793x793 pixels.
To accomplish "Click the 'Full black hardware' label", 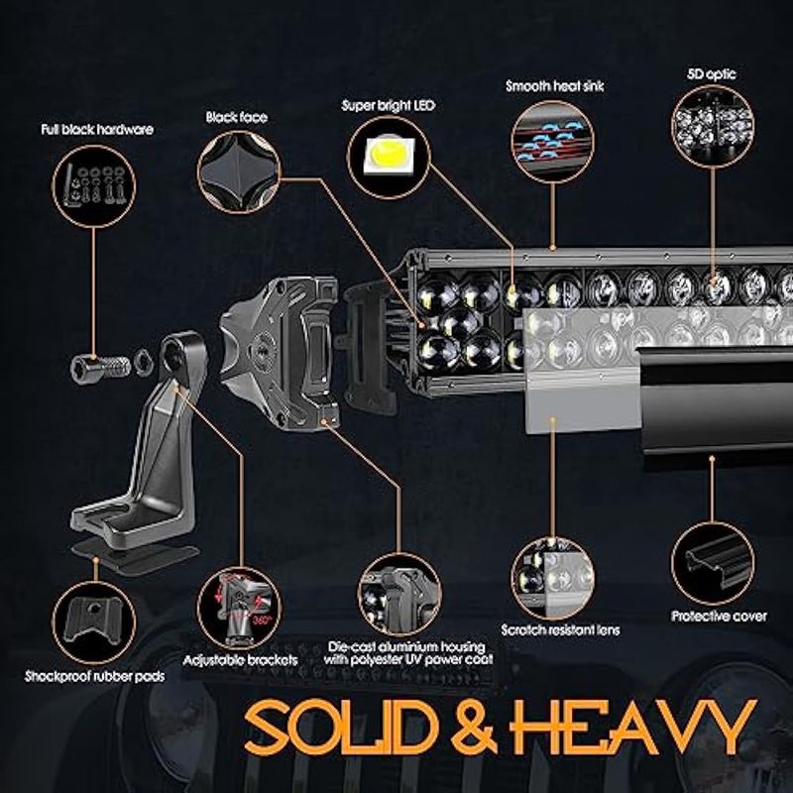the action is [x=97, y=130].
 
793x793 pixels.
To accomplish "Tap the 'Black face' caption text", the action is [x=236, y=117].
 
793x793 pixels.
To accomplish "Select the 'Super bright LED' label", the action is [x=388, y=106].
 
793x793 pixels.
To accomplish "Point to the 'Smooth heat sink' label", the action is [x=555, y=86].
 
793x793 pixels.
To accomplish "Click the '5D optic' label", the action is [x=711, y=74].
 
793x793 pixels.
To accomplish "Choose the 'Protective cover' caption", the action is [x=719, y=616].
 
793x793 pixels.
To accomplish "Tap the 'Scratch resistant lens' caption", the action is [x=560, y=630].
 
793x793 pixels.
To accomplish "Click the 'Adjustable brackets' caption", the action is [x=240, y=660].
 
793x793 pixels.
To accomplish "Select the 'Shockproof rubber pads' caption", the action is [x=94, y=676].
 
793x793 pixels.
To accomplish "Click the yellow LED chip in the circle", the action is [x=388, y=154].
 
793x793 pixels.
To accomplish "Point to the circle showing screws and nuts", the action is [x=94, y=186].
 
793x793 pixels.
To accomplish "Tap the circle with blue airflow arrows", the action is [x=553, y=142].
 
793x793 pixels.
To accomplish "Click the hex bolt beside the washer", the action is [x=100, y=366].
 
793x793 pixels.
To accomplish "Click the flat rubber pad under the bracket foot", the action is [x=134, y=558].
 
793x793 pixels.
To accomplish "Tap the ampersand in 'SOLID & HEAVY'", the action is [x=473, y=727].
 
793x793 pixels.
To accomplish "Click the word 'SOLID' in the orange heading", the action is [x=340, y=727].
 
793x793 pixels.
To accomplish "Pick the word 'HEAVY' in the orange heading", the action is [x=633, y=727].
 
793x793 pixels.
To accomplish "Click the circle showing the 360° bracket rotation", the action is [x=239, y=609].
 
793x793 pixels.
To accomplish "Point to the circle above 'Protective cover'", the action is [x=712, y=563].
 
